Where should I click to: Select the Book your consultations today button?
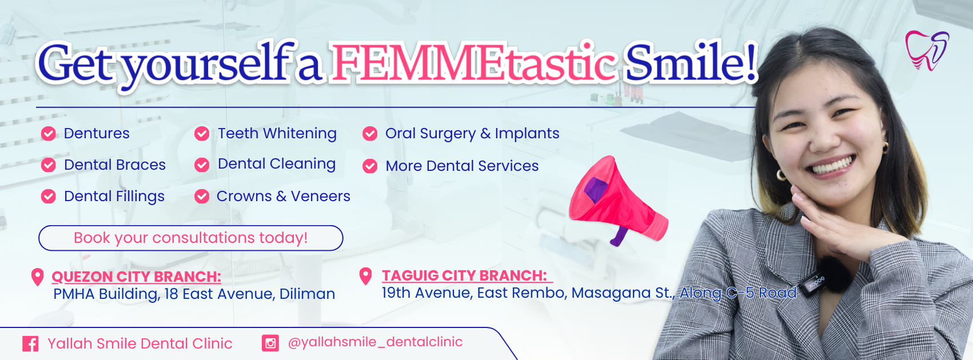[191, 238]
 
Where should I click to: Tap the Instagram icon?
[270, 343]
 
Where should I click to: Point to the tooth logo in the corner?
[927, 50]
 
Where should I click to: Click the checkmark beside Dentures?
[48, 134]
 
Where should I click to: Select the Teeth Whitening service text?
[277, 133]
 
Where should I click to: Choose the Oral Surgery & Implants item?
[472, 134]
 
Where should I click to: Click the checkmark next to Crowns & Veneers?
[202, 197]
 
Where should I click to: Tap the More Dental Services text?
[462, 166]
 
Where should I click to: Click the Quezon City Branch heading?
[137, 277]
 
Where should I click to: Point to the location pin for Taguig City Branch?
[366, 276]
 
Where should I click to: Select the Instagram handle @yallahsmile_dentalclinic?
[375, 342]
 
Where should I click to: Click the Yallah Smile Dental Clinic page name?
[140, 343]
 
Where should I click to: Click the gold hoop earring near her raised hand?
[781, 175]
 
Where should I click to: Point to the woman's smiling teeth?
[832, 166]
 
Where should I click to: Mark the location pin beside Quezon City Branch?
[38, 277]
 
